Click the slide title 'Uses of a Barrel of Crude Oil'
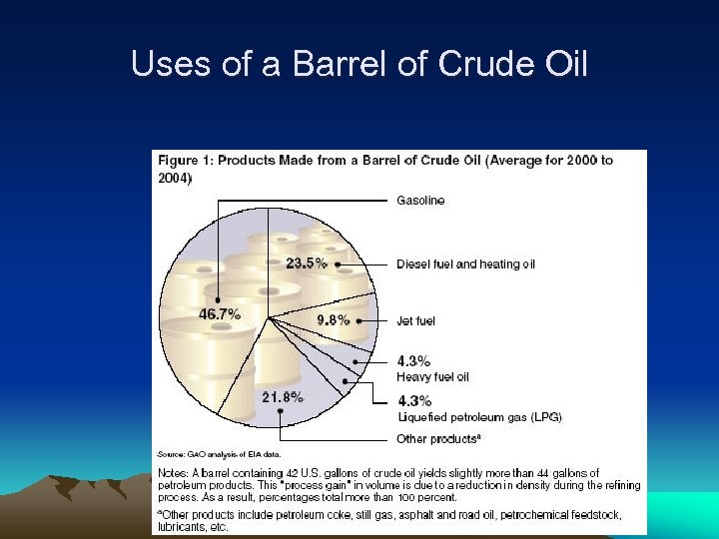coord(359,65)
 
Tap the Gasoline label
coord(420,201)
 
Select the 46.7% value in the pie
coord(220,313)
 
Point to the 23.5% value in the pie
coord(307,264)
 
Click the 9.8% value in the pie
coord(333,320)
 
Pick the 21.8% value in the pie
coord(283,397)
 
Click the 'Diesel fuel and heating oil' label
coord(465,265)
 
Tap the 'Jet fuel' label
coord(416,321)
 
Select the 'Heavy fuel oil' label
coord(432,377)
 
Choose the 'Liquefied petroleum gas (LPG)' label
coord(479,417)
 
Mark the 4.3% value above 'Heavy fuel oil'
coord(413,361)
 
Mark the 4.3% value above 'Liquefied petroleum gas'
coord(413,401)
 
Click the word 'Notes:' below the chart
coord(175,473)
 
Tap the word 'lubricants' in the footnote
coord(181,526)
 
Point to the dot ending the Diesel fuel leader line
coord(339,265)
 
